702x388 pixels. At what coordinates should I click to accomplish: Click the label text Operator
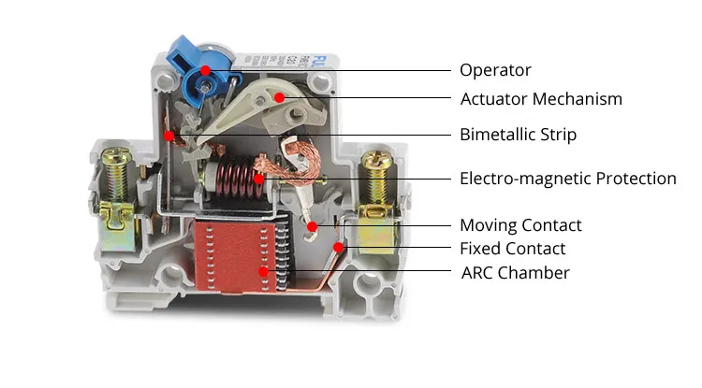[x=495, y=70]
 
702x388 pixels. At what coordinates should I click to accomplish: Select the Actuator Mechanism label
[x=541, y=98]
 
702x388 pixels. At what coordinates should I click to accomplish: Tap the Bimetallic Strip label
[x=518, y=135]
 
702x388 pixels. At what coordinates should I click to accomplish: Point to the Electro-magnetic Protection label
[x=567, y=178]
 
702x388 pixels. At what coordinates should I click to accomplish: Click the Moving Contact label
[x=520, y=225]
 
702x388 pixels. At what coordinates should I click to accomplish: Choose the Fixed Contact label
[x=512, y=249]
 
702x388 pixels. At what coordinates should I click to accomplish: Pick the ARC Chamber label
[x=515, y=273]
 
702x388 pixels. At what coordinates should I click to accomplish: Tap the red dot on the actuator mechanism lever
[x=280, y=96]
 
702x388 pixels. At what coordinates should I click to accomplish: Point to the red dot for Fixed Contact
[x=338, y=248]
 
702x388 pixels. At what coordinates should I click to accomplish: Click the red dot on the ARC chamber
[x=266, y=272]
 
